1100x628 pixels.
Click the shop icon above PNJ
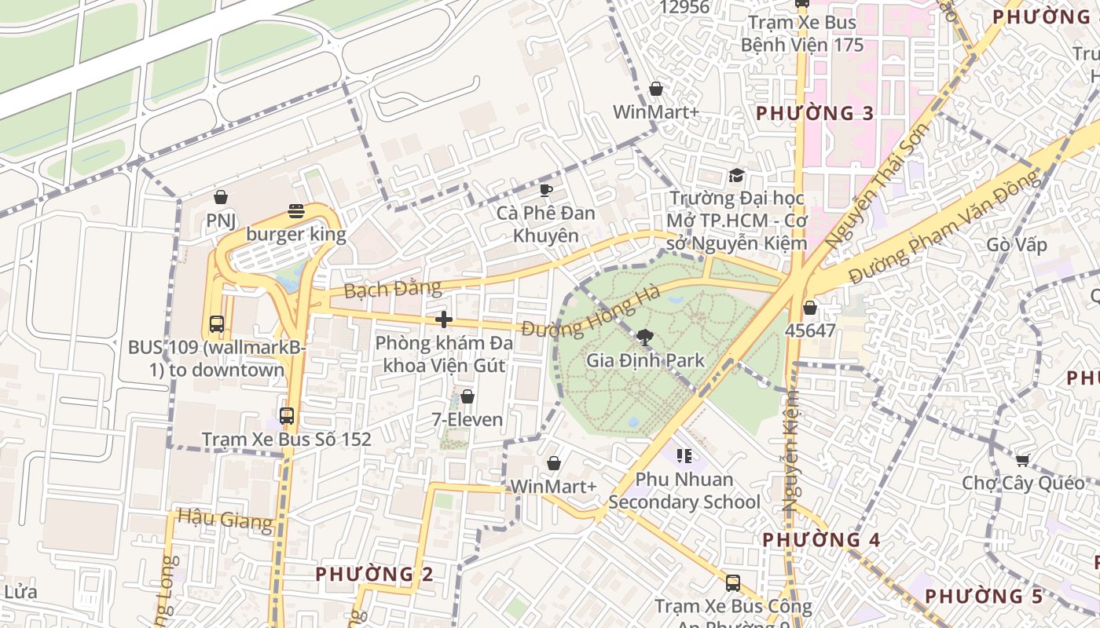[x=221, y=196]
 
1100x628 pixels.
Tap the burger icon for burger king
[x=296, y=210]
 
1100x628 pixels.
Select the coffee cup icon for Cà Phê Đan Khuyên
[x=545, y=189]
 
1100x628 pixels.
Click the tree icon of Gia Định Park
[x=644, y=338]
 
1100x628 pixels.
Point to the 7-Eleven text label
[x=467, y=419]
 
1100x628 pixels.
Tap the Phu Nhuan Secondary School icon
[x=684, y=455]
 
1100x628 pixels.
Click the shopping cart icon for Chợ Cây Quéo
[x=1022, y=459]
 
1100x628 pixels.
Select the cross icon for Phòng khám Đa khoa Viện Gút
[x=444, y=319]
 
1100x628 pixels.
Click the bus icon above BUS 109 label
[x=216, y=323]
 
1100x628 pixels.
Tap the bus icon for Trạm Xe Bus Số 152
[x=287, y=416]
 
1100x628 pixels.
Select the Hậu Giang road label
[x=225, y=519]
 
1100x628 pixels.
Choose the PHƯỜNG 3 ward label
[x=815, y=113]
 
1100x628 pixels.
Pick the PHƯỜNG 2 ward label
[x=374, y=574]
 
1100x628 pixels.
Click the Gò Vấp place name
[x=1017, y=245]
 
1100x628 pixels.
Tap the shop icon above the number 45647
[x=810, y=308]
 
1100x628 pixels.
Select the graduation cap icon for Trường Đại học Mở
[x=736, y=175]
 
